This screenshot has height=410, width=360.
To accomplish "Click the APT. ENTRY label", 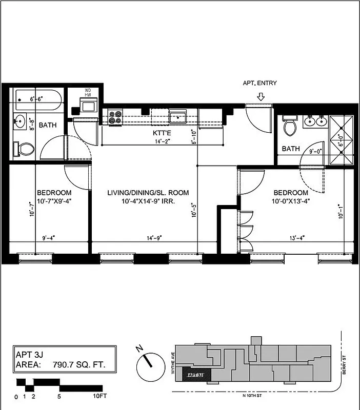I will click(260, 83).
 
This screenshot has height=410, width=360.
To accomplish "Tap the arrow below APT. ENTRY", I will click(261, 97).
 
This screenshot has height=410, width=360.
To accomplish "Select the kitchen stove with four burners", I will click(114, 117).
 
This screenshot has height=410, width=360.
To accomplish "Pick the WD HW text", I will click(88, 94).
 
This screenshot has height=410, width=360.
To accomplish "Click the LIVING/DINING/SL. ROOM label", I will click(148, 193).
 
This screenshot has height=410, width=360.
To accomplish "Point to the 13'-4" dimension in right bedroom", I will click(297, 238).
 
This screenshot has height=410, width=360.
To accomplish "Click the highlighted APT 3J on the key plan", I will click(195, 375).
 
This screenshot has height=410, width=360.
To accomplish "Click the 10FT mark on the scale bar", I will click(99, 397).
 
